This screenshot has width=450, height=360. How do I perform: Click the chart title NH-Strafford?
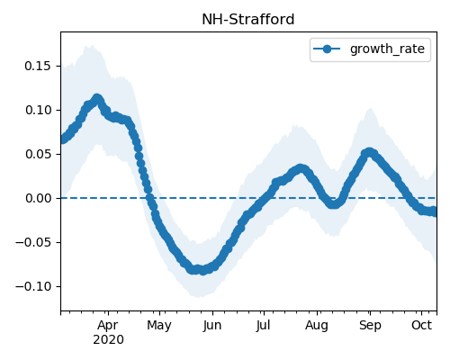[248, 20]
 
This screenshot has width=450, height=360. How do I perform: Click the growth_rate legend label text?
[387, 49]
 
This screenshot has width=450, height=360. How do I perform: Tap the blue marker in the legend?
[327, 49]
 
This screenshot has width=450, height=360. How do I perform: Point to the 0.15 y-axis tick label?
[38, 66]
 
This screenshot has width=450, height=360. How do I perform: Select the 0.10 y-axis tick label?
[38, 110]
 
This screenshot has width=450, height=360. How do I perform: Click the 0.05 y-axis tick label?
[38, 154]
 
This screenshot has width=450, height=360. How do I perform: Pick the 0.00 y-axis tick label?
[38, 198]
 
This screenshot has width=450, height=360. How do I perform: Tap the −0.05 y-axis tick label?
[33, 242]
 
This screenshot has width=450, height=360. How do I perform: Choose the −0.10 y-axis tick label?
[33, 286]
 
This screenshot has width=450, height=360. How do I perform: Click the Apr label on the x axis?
[108, 325]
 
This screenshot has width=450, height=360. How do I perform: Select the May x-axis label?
[159, 325]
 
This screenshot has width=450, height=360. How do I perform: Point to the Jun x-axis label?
[211, 325]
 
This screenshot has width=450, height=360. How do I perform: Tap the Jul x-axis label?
[263, 325]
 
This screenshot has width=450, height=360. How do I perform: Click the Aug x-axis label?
[317, 325]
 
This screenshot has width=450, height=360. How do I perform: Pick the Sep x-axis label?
[370, 325]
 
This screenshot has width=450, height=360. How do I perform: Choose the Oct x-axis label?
[421, 325]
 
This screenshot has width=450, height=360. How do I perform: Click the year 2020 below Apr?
[108, 339]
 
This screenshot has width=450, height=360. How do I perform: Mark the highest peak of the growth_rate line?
[97, 99]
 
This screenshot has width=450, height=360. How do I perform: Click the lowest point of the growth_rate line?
[203, 271]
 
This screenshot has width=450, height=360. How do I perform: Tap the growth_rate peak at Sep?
[369, 153]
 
